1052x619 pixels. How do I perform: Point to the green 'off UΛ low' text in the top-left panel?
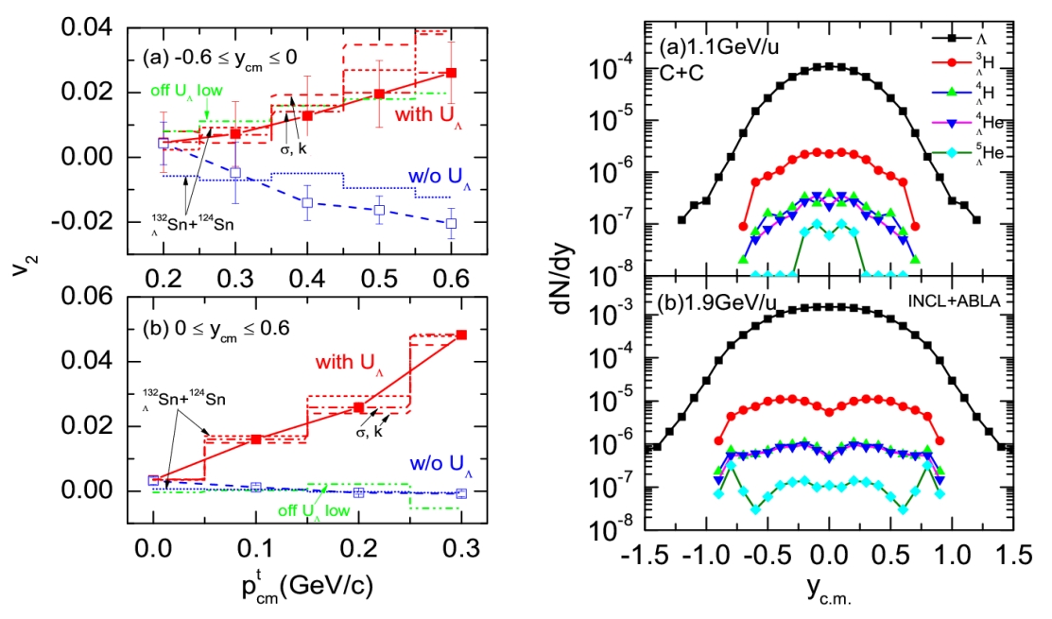click(189, 92)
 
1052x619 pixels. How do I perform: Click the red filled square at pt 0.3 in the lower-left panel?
click(461, 335)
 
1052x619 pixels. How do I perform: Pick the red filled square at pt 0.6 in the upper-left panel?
click(452, 73)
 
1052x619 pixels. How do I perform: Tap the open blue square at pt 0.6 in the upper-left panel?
click(452, 224)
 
